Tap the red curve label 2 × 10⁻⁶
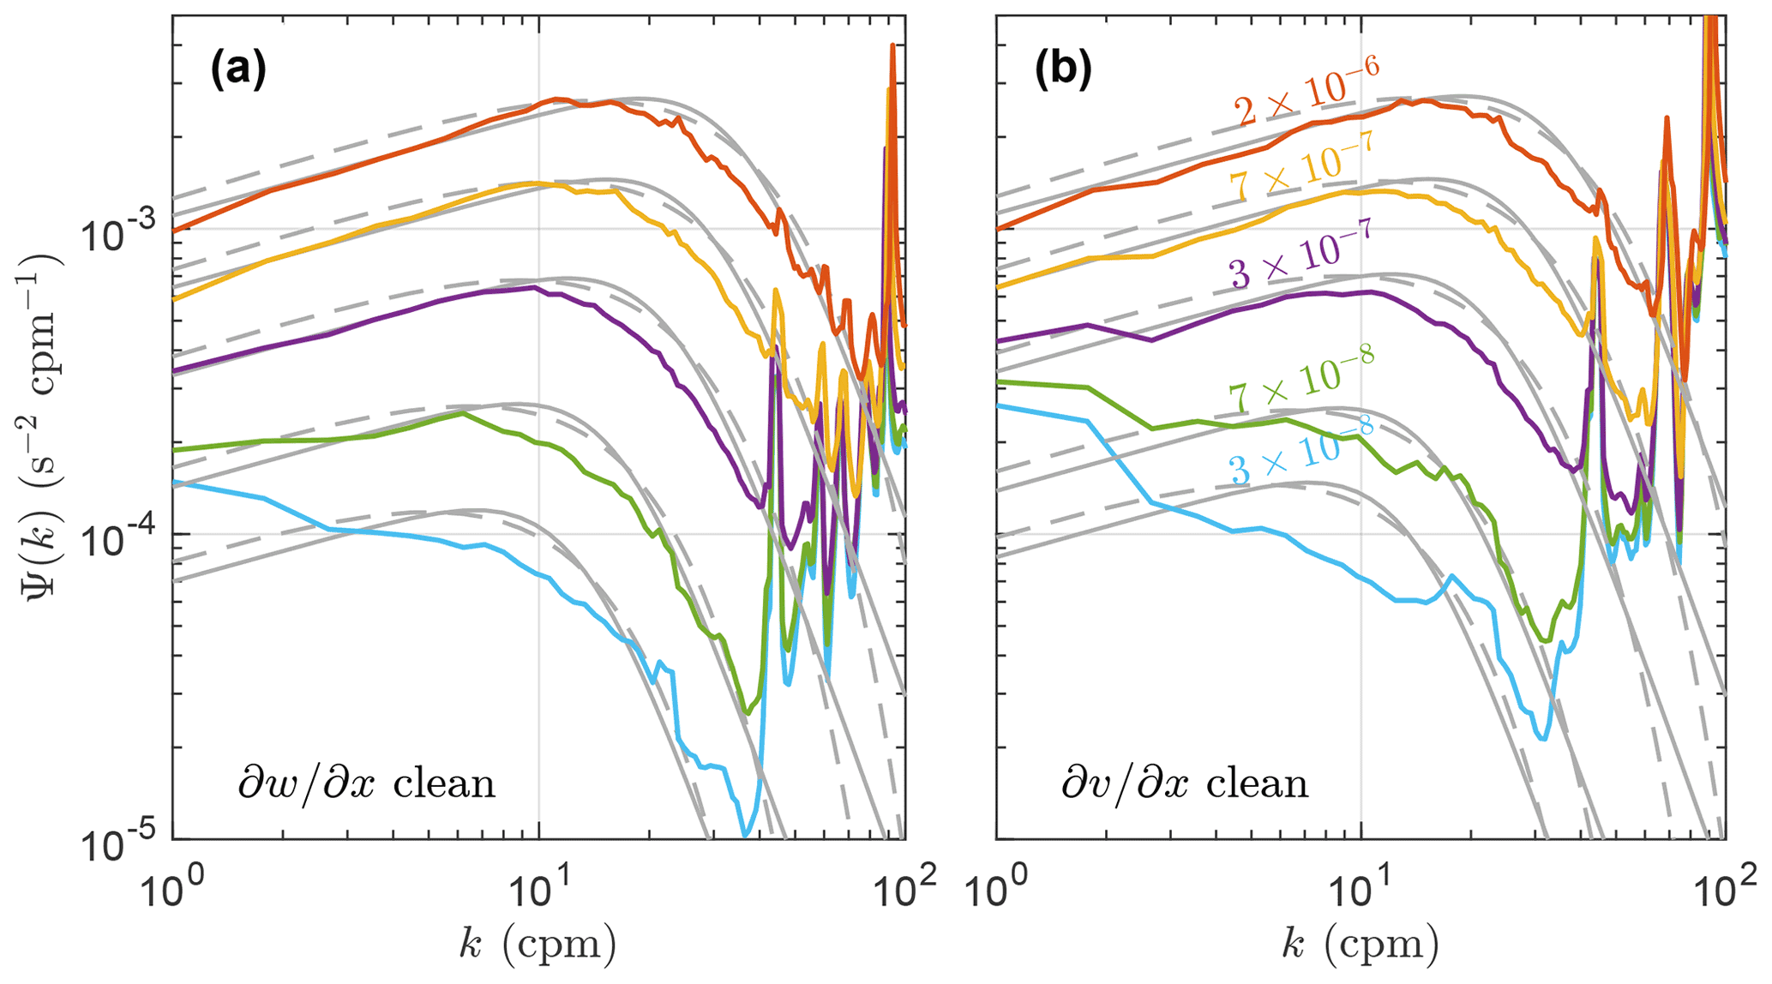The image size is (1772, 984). [1306, 94]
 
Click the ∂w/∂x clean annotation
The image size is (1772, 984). [366, 784]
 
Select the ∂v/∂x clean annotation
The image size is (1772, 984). [1185, 784]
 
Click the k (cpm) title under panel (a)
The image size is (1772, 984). [538, 943]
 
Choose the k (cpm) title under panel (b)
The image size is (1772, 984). [1360, 943]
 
